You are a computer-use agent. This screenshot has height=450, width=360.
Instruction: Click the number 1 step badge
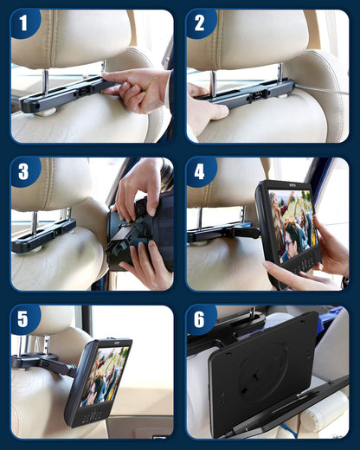[25, 23]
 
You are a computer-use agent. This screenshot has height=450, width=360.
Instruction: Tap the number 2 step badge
[200, 23]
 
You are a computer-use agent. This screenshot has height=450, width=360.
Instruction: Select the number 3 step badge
[25, 171]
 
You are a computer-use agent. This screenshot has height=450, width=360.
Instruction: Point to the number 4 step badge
[200, 171]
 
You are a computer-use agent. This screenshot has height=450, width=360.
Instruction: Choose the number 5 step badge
[25, 319]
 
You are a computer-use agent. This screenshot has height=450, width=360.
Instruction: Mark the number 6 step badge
[200, 319]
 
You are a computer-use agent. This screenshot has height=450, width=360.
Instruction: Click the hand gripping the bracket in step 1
[138, 89]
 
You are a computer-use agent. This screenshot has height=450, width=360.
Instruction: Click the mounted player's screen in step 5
[106, 375]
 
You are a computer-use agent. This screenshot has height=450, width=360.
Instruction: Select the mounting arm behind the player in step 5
[48, 363]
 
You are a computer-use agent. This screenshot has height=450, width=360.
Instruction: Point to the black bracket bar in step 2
[242, 92]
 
